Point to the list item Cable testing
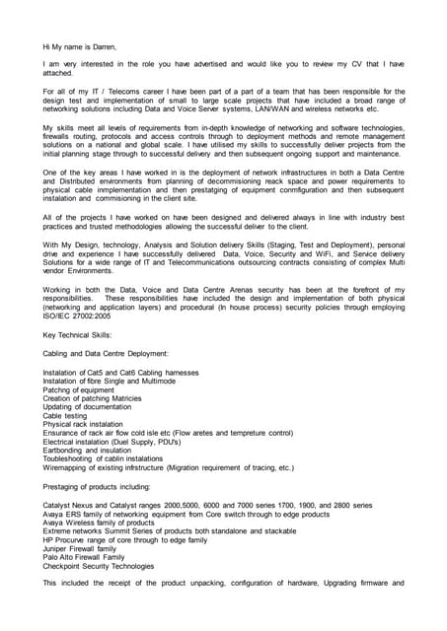pyautogui.click(x=70, y=416)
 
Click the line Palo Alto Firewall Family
pyautogui.click(x=91, y=558)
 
